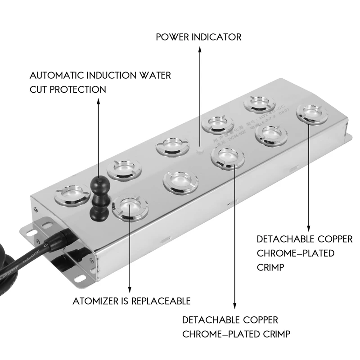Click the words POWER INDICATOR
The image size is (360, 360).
point(198,37)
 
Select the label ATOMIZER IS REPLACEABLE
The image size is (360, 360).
point(131,301)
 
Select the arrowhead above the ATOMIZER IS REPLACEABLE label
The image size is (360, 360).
point(130,291)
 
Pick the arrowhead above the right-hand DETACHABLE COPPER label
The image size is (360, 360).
point(309,228)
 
